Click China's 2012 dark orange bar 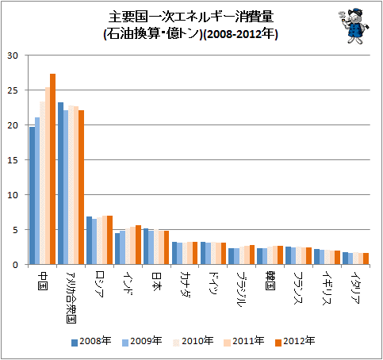point(52,169)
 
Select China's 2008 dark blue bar point(32,196)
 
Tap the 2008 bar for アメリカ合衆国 point(60,183)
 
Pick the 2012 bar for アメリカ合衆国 point(81,187)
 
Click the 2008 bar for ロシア point(90,240)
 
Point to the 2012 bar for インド point(138,245)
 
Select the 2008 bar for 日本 point(146,247)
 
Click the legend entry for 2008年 point(91,341)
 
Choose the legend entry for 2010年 point(193,341)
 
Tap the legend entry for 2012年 point(295,341)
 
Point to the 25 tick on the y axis point(13,90)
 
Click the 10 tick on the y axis point(13,195)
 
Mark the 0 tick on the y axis point(15,265)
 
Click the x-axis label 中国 point(43,281)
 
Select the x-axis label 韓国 point(270,281)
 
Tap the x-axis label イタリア point(356,288)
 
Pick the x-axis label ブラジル point(242,289)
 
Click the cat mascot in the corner point(354,25)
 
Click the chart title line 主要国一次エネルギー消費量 point(191,17)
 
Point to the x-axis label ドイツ point(213,283)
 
